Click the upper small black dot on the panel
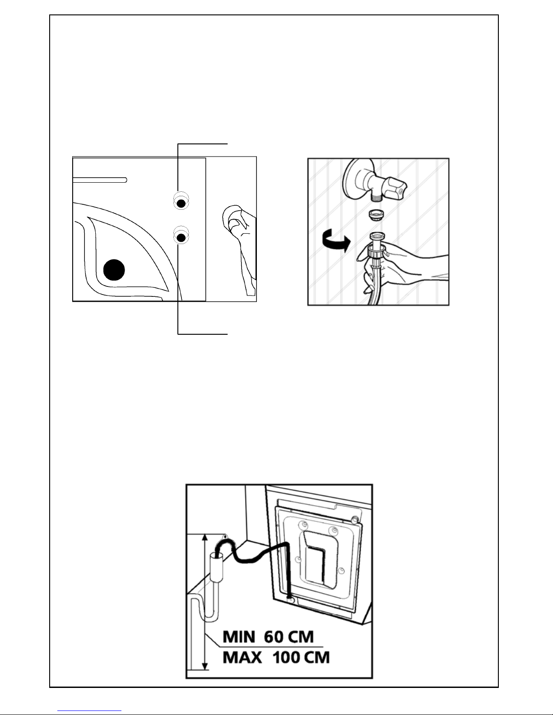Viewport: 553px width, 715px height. pos(181,204)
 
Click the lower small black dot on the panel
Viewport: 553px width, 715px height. pos(181,237)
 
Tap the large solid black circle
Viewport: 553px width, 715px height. pos(114,270)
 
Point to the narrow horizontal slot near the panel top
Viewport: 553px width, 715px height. pos(100,180)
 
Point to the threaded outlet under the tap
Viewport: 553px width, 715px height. pos(376,197)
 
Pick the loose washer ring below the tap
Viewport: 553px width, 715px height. pos(376,215)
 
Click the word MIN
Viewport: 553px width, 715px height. pos(239,637)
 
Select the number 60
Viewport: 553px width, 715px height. pos(274,637)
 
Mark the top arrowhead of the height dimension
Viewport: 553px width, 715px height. pos(205,538)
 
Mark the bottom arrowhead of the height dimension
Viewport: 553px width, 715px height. pos(205,666)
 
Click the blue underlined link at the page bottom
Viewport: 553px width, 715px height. pos(89,710)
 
